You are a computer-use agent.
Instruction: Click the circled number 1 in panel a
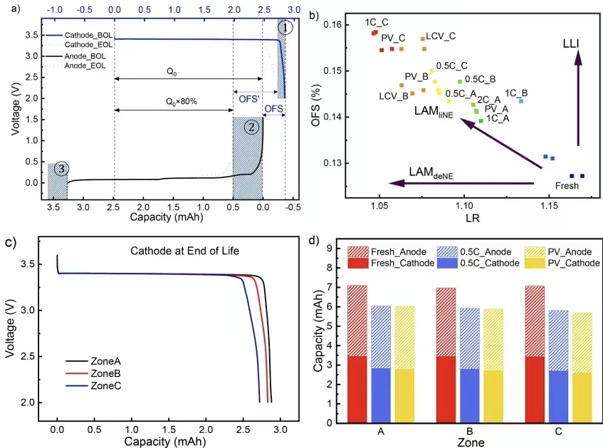(x=285, y=28)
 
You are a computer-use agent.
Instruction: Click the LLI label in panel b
(x=570, y=43)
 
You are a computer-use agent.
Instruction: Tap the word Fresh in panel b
(x=567, y=185)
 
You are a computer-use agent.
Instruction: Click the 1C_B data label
(x=516, y=93)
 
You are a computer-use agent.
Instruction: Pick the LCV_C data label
(x=441, y=36)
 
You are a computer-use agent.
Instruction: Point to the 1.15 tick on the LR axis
(x=548, y=210)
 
